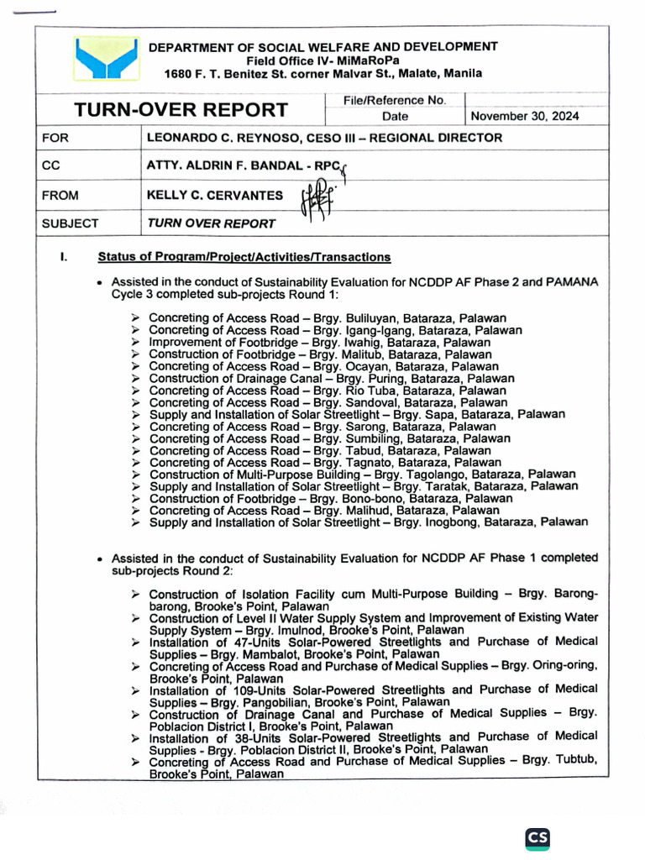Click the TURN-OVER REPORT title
(181, 110)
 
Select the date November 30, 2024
(525, 117)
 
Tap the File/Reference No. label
(394, 100)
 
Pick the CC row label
(51, 166)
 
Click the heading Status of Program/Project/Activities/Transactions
(244, 257)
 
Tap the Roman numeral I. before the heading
(63, 257)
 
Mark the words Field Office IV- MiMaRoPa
(323, 60)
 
